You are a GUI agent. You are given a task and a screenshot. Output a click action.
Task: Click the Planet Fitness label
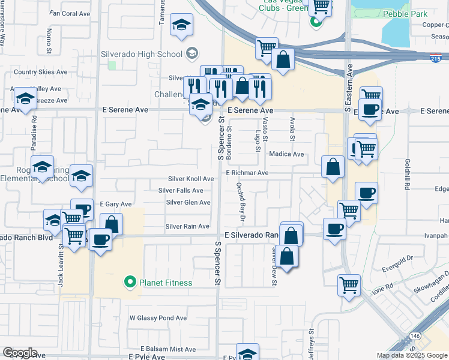click(166, 283)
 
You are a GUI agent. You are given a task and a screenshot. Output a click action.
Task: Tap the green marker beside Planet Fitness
click(128, 282)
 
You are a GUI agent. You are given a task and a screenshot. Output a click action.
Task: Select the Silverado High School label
click(141, 55)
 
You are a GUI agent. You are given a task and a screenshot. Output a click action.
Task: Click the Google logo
click(20, 353)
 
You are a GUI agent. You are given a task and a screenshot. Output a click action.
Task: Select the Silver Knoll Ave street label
click(191, 179)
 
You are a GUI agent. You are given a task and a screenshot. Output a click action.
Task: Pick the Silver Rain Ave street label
click(187, 226)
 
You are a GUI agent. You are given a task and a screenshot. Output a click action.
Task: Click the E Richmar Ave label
click(247, 173)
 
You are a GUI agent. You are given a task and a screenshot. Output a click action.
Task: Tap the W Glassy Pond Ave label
click(158, 317)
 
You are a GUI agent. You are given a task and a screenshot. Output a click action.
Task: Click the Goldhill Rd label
click(407, 175)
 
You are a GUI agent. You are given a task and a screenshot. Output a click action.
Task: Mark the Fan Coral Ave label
click(70, 13)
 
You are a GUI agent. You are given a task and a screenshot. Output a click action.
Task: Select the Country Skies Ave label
click(41, 72)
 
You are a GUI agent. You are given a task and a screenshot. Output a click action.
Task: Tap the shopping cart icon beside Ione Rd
click(349, 286)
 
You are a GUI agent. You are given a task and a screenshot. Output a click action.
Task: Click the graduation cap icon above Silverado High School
click(181, 25)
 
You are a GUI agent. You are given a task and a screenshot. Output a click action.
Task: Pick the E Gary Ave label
click(115, 204)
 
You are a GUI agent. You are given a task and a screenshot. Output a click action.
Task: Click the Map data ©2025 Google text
click(411, 355)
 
